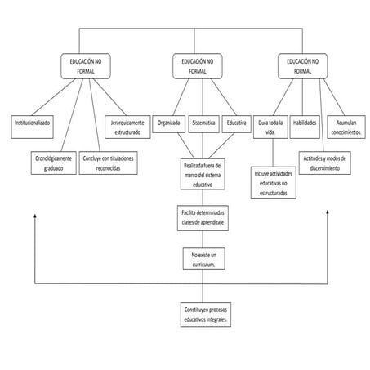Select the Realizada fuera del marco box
203,175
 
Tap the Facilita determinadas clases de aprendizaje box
203,218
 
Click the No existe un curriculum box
203,259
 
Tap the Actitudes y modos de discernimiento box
326,163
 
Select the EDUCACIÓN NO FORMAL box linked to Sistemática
197,66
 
